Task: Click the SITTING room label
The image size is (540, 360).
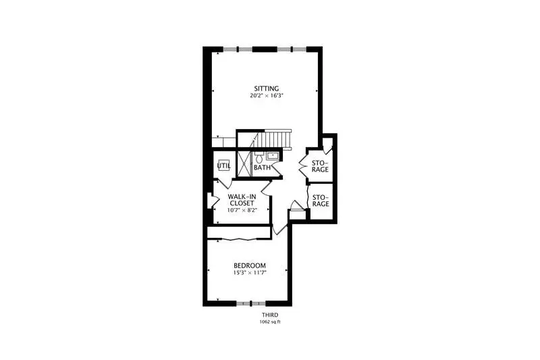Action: coord(266,88)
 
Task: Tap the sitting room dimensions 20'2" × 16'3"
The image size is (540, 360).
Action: coord(266,95)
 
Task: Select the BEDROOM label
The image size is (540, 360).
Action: coord(250,265)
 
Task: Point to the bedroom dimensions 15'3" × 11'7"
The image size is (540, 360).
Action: coord(250,272)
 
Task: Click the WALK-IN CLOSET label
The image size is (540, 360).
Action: coord(242,200)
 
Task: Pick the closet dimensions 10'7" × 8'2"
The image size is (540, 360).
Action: coord(242,210)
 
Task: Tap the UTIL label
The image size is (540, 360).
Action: coord(224,165)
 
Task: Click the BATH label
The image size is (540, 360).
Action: coord(262,168)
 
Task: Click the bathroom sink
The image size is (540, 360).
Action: coord(272,155)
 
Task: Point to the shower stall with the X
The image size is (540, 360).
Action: coord(245,163)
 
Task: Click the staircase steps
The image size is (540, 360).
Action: coord(275,139)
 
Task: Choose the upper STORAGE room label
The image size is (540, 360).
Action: coord(320,166)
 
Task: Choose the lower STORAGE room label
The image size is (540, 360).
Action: coord(321,201)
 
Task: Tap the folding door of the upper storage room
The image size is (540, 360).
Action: coord(303,165)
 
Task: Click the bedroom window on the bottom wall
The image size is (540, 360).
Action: coord(250,303)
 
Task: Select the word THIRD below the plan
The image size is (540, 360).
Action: coord(270,315)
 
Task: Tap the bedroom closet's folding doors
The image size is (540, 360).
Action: coord(239,238)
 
